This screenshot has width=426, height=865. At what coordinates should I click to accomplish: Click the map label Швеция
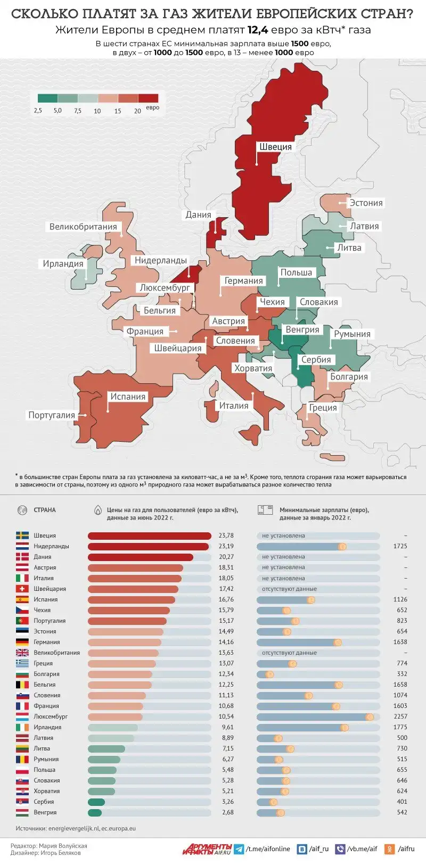click(275, 147)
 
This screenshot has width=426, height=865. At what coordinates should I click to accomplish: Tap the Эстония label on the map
click(366, 203)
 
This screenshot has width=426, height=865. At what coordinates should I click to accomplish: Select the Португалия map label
click(52, 415)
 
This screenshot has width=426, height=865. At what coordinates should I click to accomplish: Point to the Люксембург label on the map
click(165, 287)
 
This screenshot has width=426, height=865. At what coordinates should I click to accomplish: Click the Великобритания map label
click(83, 227)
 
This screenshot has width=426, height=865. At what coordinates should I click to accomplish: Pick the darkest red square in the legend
click(149, 98)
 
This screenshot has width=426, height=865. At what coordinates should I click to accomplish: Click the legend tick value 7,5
click(78, 111)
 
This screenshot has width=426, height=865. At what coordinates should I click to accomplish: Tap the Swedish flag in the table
click(22, 536)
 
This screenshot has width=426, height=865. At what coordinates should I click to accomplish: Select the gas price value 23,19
click(226, 546)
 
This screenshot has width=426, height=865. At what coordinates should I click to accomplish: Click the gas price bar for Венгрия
click(95, 812)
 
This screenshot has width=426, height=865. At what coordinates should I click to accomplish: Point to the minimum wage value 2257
click(400, 716)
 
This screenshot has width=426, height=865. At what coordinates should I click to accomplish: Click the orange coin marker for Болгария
click(269, 674)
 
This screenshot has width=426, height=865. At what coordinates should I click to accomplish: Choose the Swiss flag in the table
click(22, 589)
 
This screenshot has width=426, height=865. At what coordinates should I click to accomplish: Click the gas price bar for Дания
click(140, 557)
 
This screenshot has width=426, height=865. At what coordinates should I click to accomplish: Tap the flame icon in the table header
click(98, 510)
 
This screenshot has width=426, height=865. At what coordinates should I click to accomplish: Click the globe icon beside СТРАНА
click(22, 510)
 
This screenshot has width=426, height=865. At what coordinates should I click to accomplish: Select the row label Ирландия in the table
click(47, 727)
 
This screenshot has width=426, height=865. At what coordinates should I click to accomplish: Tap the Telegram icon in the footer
click(239, 849)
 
